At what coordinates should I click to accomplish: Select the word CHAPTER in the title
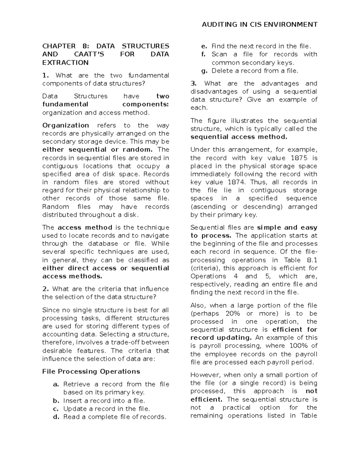click(59, 46)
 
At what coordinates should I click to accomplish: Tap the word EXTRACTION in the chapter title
click(65, 63)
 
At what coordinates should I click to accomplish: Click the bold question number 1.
click(45, 76)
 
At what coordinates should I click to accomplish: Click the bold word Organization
click(66, 125)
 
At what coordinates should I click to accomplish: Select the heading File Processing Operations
click(91, 372)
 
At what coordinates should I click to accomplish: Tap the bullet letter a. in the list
click(56, 384)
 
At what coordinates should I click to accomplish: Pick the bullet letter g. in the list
click(204, 71)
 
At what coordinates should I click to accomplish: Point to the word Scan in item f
click(219, 54)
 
